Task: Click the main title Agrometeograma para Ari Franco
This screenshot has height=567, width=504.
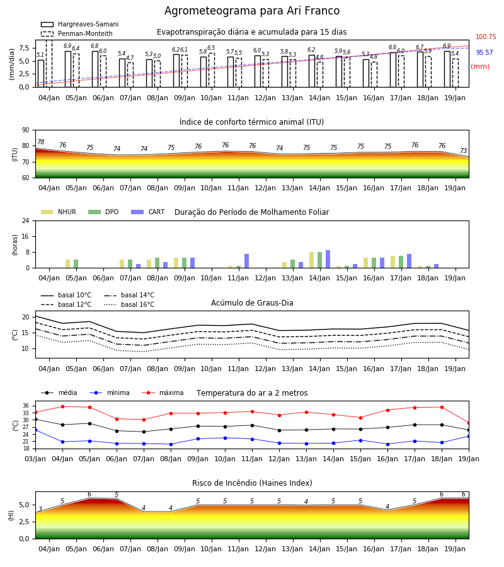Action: point(252,11)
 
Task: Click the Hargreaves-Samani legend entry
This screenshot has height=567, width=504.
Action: point(79,24)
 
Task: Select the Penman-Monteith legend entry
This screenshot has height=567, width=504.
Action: point(77,33)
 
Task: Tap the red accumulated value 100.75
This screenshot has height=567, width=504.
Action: point(486,37)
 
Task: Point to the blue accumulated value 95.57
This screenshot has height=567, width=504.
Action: point(484,52)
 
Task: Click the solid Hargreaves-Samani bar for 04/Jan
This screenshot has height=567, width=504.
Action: point(41,74)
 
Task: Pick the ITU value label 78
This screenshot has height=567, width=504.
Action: point(41,142)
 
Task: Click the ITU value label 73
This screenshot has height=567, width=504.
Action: point(463,151)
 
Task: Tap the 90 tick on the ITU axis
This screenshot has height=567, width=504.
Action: point(26,130)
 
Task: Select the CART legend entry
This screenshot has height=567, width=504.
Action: point(147,212)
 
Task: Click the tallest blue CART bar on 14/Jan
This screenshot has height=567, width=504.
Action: point(328,259)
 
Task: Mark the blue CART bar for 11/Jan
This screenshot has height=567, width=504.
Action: point(246,261)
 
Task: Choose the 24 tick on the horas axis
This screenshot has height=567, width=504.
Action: point(26,220)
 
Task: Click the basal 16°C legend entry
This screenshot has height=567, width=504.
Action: point(129,304)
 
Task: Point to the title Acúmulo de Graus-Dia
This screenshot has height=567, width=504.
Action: point(252,303)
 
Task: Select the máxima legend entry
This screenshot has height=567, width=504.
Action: point(163,392)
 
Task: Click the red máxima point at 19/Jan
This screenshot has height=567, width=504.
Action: point(469,423)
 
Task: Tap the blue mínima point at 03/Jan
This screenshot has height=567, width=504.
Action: point(35,430)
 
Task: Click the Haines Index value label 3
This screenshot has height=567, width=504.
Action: point(40,509)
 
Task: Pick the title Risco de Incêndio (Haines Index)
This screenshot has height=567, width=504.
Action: point(252,483)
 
